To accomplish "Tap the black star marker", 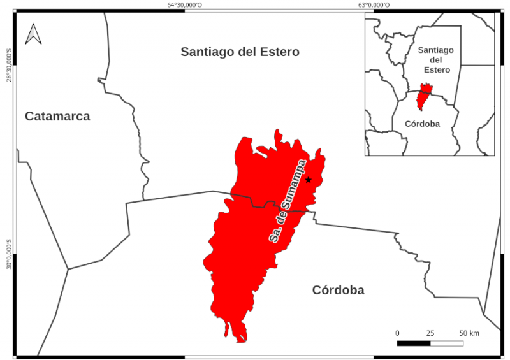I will pos(308,180).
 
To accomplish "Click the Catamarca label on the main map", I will pos(57,116).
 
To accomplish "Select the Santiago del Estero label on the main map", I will pos(240,52).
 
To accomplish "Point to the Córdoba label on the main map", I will pos(338,291).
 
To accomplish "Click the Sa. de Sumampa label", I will pos(288,201).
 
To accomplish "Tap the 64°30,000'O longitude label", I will pos(185,5).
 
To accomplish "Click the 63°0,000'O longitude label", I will pos(374,5).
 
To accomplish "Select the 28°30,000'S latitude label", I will pos(9,64).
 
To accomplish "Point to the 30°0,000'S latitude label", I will pos(9,254).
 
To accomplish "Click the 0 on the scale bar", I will pos(397,333).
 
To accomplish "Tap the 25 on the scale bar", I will pos(430,333).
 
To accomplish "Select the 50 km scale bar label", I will pos(469,333).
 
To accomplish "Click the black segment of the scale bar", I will pos(414,343).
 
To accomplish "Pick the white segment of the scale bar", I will pos(447,343).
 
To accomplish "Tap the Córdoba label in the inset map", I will pos(422,124).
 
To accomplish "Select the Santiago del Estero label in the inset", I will pos(435,59).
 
